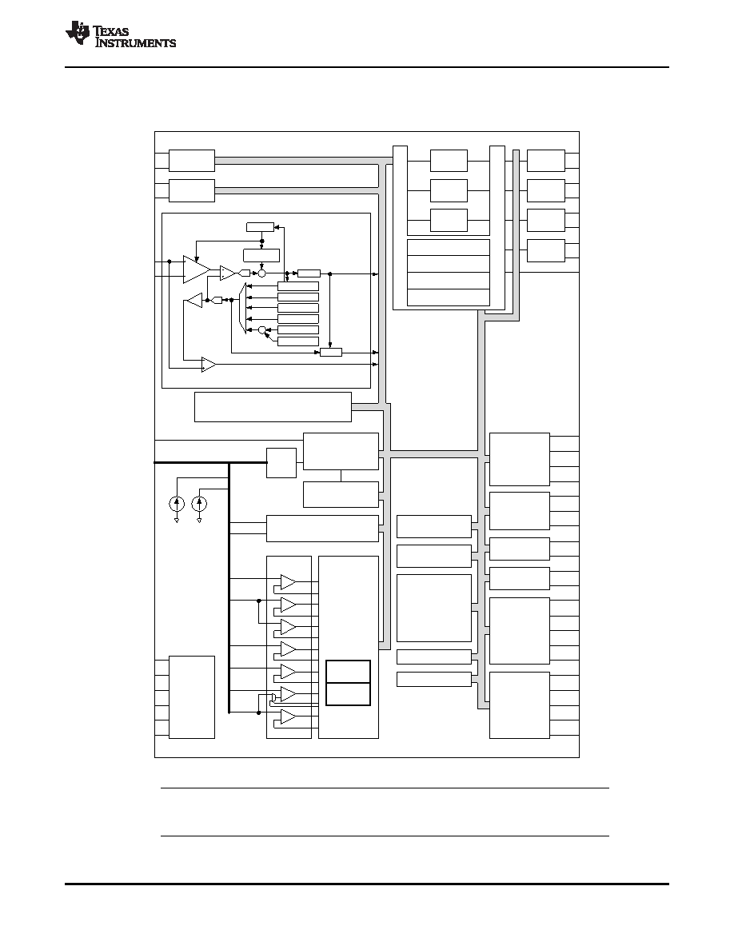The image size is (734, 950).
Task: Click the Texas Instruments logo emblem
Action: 78,33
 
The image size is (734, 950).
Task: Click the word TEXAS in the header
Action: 111,30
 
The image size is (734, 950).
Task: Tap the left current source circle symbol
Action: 177,504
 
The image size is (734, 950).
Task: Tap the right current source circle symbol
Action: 199,504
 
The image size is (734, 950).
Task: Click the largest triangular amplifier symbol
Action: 196,269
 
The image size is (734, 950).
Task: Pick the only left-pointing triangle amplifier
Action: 193,300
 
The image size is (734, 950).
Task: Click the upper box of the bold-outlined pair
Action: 349,671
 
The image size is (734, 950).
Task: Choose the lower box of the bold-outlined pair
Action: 349,694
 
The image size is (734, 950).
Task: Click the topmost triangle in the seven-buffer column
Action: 288,582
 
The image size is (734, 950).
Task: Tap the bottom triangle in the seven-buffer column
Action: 288,716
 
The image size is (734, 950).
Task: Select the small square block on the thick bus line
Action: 281,463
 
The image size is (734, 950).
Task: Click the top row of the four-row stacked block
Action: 448,248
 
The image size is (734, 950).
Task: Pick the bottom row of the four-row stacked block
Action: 448,297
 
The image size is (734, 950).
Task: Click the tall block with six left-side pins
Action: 192,697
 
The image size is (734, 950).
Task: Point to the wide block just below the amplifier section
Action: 273,407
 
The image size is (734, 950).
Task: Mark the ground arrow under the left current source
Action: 177,519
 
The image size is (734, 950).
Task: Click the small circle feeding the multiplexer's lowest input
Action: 262,330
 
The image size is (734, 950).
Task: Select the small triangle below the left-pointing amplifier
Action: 209,364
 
